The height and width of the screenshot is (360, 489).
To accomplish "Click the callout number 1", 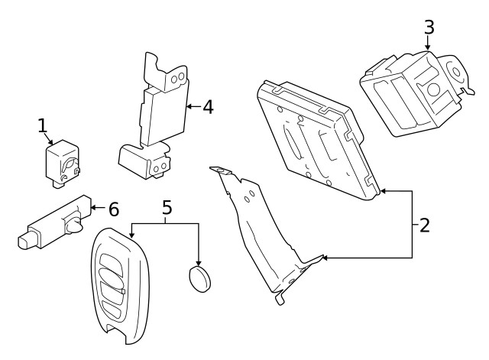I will coord(44,126).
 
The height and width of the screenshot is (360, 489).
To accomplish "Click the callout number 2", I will coord(425,225).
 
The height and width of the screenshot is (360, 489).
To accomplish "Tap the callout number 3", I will coord(429,28).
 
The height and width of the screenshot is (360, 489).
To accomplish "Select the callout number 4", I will coord(206,106).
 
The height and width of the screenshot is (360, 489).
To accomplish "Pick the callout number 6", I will coord(113,208).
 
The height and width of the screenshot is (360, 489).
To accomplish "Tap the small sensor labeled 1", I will coord(61,162).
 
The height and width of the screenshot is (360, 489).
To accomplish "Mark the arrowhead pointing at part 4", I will coord(186,106).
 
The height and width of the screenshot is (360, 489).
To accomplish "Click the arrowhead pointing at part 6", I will coord(92,207).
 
